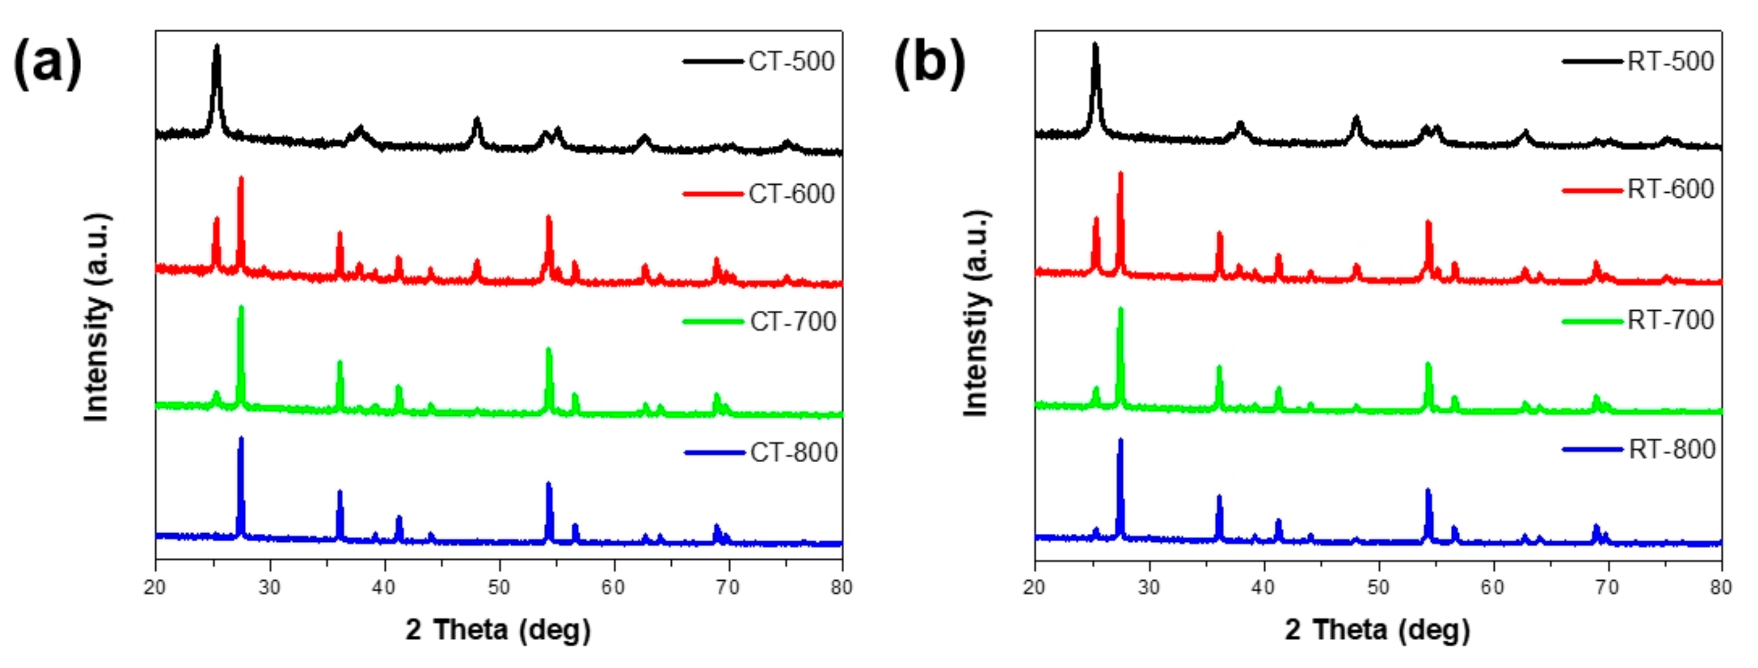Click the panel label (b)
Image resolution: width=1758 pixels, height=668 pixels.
[x=929, y=63]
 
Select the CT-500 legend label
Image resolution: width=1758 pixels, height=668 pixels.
[x=791, y=62]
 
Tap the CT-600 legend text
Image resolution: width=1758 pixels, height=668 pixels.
[x=791, y=194]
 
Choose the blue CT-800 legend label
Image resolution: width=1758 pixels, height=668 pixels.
[x=794, y=453]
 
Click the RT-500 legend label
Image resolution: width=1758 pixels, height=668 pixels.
[x=1670, y=62]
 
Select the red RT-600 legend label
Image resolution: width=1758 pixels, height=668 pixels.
[x=1670, y=189]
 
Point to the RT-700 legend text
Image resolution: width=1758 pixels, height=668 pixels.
[x=1670, y=319]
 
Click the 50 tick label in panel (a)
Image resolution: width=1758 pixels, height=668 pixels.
[x=499, y=587]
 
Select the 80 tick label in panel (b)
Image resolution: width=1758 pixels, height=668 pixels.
[x=1721, y=587]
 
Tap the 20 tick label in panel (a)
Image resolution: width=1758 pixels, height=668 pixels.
[x=155, y=587]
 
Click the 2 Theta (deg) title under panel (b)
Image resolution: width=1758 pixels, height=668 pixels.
[x=1377, y=629]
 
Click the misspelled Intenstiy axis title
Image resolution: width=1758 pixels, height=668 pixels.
[x=976, y=314]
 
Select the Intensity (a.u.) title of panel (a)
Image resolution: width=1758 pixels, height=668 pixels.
[x=97, y=317]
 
